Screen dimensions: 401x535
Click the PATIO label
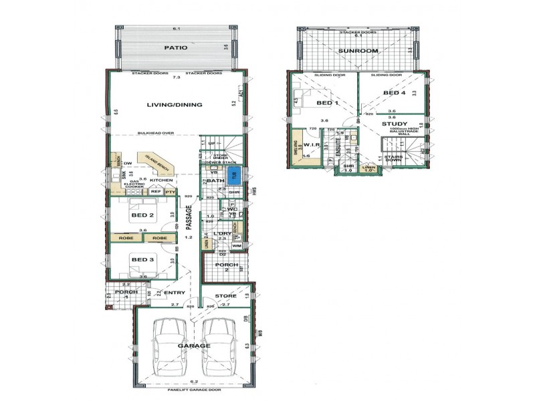175,48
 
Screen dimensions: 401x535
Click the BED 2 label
143,215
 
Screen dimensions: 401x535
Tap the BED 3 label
143,259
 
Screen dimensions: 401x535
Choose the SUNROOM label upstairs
358,51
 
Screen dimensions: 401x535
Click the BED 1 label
328,103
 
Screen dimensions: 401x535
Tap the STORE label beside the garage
226,296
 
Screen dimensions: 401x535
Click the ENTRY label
175,293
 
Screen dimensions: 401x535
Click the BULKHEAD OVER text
155,133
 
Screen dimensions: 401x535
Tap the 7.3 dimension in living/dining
177,79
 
